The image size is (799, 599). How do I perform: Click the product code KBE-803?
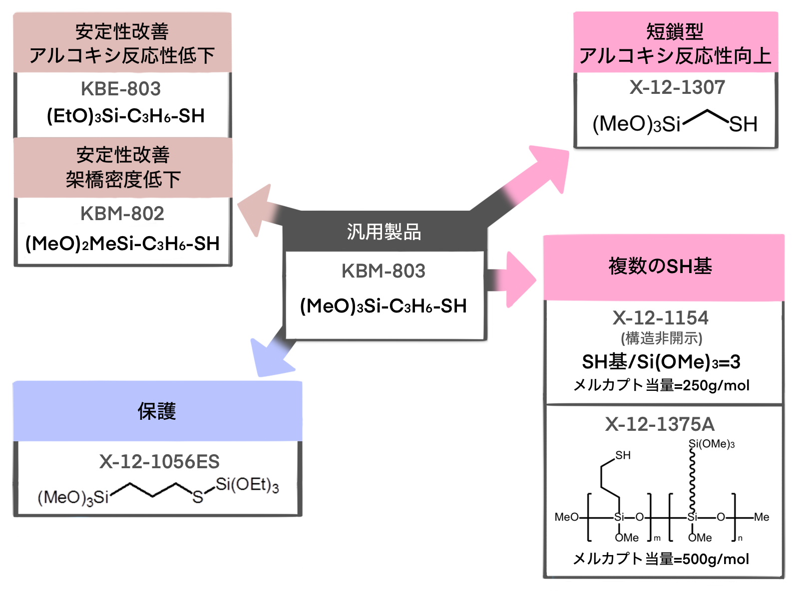(x=121, y=89)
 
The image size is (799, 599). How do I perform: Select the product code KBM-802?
(x=122, y=214)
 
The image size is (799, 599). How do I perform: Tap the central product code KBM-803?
(x=384, y=271)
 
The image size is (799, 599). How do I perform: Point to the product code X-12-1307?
(x=677, y=87)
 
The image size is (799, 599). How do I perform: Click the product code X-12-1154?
(x=661, y=317)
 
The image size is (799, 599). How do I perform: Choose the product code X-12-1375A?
(x=660, y=424)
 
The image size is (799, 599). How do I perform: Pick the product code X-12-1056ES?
(x=159, y=462)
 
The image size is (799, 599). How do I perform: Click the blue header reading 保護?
(x=157, y=411)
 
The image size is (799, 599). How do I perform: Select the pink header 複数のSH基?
(x=660, y=266)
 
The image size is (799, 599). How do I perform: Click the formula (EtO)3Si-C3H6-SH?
(x=126, y=116)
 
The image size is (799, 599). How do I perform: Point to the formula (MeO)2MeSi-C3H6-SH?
(x=123, y=244)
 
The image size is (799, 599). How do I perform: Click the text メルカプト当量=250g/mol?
(x=661, y=385)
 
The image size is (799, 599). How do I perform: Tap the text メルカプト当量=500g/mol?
(x=661, y=559)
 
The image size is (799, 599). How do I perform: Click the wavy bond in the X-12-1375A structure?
(x=692, y=479)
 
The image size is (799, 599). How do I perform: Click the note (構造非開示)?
(x=661, y=338)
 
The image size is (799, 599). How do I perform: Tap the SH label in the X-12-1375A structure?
(x=623, y=455)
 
